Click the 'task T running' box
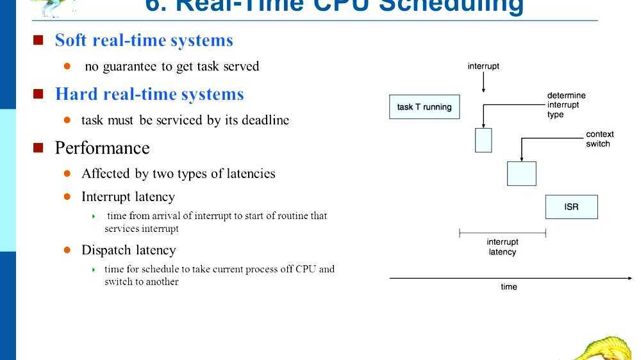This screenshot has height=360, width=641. point(424,107)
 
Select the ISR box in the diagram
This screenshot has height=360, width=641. point(571,207)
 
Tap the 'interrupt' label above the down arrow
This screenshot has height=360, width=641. point(483,66)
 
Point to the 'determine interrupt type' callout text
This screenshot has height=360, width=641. point(566,105)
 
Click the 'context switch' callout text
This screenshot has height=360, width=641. point(599,139)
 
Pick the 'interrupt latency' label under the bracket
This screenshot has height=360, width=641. point(502,247)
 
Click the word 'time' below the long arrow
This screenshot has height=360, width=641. point(508,287)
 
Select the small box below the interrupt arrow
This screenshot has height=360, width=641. point(483,140)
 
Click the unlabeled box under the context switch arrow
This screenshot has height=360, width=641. point(521,173)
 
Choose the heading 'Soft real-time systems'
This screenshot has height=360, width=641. point(144,40)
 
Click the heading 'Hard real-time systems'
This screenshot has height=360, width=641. point(149,94)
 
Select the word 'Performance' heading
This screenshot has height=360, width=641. point(102,148)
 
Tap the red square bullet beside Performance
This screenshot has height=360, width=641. point(38,148)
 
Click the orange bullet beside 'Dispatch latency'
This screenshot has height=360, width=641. point(67,250)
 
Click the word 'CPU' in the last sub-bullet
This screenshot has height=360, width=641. point(305,269)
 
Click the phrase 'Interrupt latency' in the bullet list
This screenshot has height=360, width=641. point(128,197)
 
